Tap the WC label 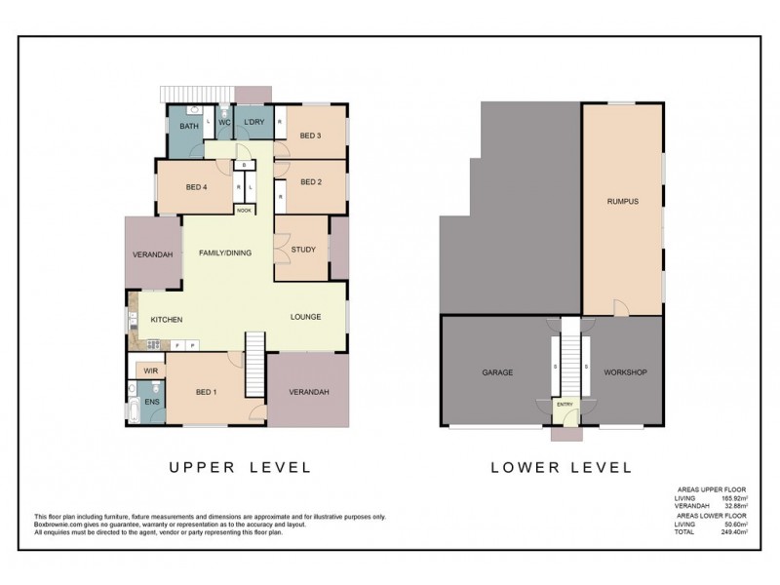pyautogui.click(x=223, y=123)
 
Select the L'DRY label pyautogui.click(x=253, y=123)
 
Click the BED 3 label pyautogui.click(x=310, y=136)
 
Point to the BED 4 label pyautogui.click(x=197, y=187)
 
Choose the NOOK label pyautogui.click(x=243, y=210)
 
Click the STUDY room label pyautogui.click(x=303, y=250)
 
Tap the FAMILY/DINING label pyautogui.click(x=225, y=253)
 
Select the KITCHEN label pyautogui.click(x=167, y=320)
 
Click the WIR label pyautogui.click(x=151, y=371)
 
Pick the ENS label pyautogui.click(x=152, y=401)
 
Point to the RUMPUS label pyautogui.click(x=621, y=202)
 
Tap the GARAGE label pyautogui.click(x=497, y=372)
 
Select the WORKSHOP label pyautogui.click(x=625, y=372)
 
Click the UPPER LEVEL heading pyautogui.click(x=240, y=467)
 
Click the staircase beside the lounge pyautogui.click(x=254, y=364)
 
